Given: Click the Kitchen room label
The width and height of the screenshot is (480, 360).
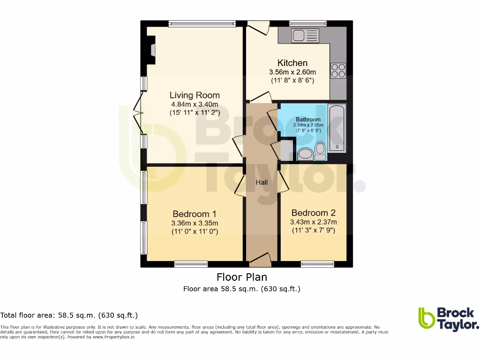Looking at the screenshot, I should [292, 63].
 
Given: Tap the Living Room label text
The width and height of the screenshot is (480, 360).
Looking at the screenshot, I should [195, 95].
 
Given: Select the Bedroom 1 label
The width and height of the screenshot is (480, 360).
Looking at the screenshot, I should [195, 214].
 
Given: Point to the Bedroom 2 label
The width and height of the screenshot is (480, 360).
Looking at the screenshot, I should [313, 213].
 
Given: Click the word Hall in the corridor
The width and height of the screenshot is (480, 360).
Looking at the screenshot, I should [262, 182].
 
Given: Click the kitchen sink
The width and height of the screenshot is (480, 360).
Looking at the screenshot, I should [305, 35].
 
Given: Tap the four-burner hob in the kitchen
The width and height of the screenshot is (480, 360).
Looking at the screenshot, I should [338, 70].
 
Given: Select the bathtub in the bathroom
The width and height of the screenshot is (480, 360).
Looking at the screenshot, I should [337, 128].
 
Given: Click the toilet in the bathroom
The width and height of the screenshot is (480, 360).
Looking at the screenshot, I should [321, 150].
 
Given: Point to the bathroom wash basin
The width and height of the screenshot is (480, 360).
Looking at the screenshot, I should [305, 154].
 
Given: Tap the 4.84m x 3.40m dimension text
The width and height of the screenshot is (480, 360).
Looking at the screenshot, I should [195, 105].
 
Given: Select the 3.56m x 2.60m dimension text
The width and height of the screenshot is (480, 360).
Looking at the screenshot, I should [292, 72].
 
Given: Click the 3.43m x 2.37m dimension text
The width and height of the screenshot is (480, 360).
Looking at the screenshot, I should [313, 222].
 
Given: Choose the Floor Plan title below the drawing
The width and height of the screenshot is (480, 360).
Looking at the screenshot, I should [241, 277].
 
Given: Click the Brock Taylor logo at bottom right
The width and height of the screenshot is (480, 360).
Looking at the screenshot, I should [448, 319].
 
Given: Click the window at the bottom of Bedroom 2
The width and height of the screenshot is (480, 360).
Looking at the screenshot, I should [314, 264].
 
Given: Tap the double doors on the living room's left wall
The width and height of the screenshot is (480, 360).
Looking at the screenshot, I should [139, 112].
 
